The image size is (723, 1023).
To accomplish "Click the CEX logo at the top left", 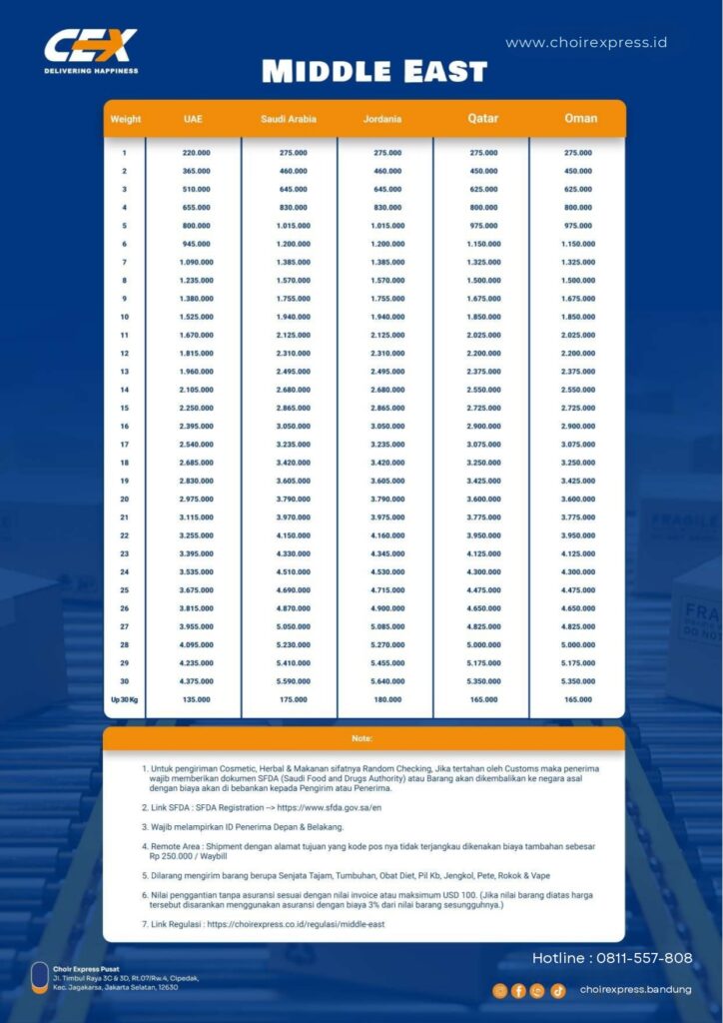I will [91, 50].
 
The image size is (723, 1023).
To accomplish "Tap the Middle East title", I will [374, 72].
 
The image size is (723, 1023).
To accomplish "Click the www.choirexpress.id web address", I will [586, 42].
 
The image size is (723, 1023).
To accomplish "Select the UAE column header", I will [193, 119].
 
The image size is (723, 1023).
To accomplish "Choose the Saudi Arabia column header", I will [289, 119].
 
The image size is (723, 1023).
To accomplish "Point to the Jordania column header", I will [383, 119].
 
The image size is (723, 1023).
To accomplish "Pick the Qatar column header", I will [483, 119].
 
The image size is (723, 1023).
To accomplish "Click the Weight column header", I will [125, 119].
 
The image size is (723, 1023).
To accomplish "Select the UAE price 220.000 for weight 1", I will [196, 153].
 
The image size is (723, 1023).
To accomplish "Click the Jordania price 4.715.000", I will [386, 589].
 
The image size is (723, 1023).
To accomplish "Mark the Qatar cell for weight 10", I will [483, 317].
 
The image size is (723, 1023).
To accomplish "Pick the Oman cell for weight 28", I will [578, 644].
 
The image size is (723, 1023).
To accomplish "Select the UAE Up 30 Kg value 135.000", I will [196, 699].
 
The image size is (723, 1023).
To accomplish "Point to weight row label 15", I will [125, 408].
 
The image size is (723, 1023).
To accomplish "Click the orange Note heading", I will [362, 739].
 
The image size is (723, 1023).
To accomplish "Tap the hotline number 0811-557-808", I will [640, 958].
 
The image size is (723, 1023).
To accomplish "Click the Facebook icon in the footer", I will [518, 990].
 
